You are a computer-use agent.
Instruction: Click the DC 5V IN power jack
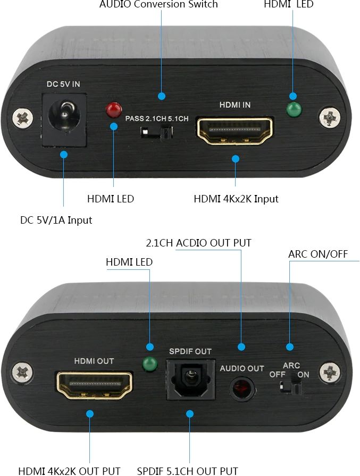click(x=64, y=120)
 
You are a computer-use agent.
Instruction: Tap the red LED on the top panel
click(x=114, y=109)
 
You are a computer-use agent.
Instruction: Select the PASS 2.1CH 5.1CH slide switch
click(x=157, y=132)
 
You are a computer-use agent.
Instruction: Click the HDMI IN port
click(x=235, y=131)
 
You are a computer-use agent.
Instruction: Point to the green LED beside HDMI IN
click(x=294, y=109)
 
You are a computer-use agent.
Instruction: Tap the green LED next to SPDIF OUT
click(x=150, y=364)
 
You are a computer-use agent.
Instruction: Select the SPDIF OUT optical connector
click(x=191, y=379)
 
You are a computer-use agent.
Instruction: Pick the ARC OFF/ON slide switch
click(x=290, y=388)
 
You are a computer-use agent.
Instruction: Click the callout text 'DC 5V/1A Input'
click(x=56, y=220)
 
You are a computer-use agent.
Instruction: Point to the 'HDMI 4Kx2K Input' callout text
click(x=236, y=199)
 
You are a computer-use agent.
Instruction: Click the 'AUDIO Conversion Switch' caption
click(x=158, y=4)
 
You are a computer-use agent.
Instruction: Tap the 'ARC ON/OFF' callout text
click(x=318, y=254)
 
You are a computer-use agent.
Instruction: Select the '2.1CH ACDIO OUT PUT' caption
click(x=199, y=243)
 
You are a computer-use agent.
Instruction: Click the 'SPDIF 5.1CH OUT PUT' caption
click(x=187, y=471)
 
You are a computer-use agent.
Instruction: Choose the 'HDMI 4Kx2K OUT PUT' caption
click(x=69, y=471)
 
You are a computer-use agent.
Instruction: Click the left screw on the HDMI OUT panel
click(x=22, y=372)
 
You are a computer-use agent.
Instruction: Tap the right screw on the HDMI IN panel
click(x=330, y=116)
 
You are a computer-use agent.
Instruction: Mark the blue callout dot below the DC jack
click(x=63, y=155)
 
